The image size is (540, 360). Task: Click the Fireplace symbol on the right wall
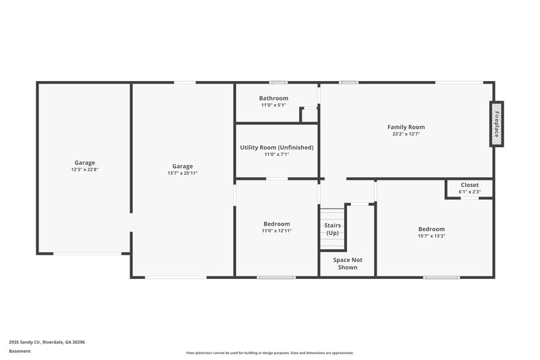(496, 124)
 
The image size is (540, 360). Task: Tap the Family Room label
(406, 127)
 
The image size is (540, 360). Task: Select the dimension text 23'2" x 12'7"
(406, 134)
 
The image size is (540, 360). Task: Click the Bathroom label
(273, 99)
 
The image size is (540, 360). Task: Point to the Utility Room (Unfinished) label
(277, 147)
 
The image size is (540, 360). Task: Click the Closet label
(469, 185)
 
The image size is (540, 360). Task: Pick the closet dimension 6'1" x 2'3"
(469, 192)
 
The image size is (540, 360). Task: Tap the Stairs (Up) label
(332, 229)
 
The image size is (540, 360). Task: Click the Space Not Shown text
(348, 263)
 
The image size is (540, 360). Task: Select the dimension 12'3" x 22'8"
(84, 170)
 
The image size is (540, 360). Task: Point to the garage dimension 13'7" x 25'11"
(182, 174)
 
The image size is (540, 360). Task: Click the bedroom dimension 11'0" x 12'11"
(277, 231)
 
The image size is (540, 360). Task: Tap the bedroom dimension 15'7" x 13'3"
(431, 236)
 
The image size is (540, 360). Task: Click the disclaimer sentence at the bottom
(270, 353)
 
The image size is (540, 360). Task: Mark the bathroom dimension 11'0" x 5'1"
(273, 105)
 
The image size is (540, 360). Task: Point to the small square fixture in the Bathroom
(309, 115)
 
